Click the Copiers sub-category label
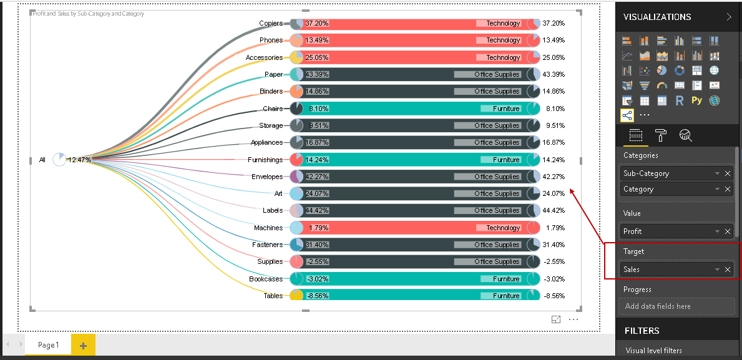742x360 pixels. (x=271, y=23)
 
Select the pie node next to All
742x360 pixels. (x=59, y=160)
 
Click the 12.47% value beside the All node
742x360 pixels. (x=80, y=160)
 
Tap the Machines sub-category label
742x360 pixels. (x=268, y=228)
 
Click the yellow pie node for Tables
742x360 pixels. (x=296, y=296)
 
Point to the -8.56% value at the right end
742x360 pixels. (x=554, y=296)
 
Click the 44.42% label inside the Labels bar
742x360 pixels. (x=317, y=211)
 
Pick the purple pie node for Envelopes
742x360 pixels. (x=296, y=177)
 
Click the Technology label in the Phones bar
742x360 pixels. (x=503, y=40)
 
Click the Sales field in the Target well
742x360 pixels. (x=668, y=270)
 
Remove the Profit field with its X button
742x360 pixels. (x=728, y=231)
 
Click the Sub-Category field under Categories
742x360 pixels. (x=668, y=173)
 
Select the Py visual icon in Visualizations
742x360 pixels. (x=696, y=100)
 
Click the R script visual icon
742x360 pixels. (x=680, y=100)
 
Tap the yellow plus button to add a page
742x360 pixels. (x=83, y=345)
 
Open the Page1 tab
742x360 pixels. (x=48, y=345)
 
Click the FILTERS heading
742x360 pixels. (x=642, y=331)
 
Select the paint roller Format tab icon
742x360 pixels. (x=661, y=135)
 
